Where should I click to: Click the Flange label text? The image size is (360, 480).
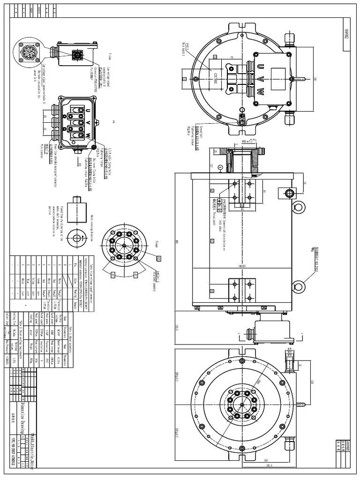pos(156,243)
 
